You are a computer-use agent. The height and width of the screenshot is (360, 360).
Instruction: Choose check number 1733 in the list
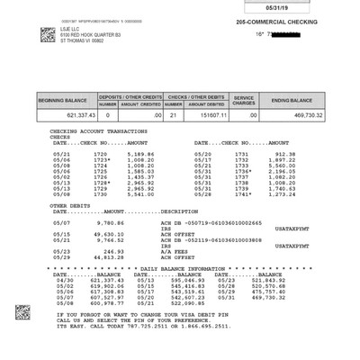[x=240, y=166]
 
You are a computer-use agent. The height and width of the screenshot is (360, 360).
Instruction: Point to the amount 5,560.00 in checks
[x=281, y=166]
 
